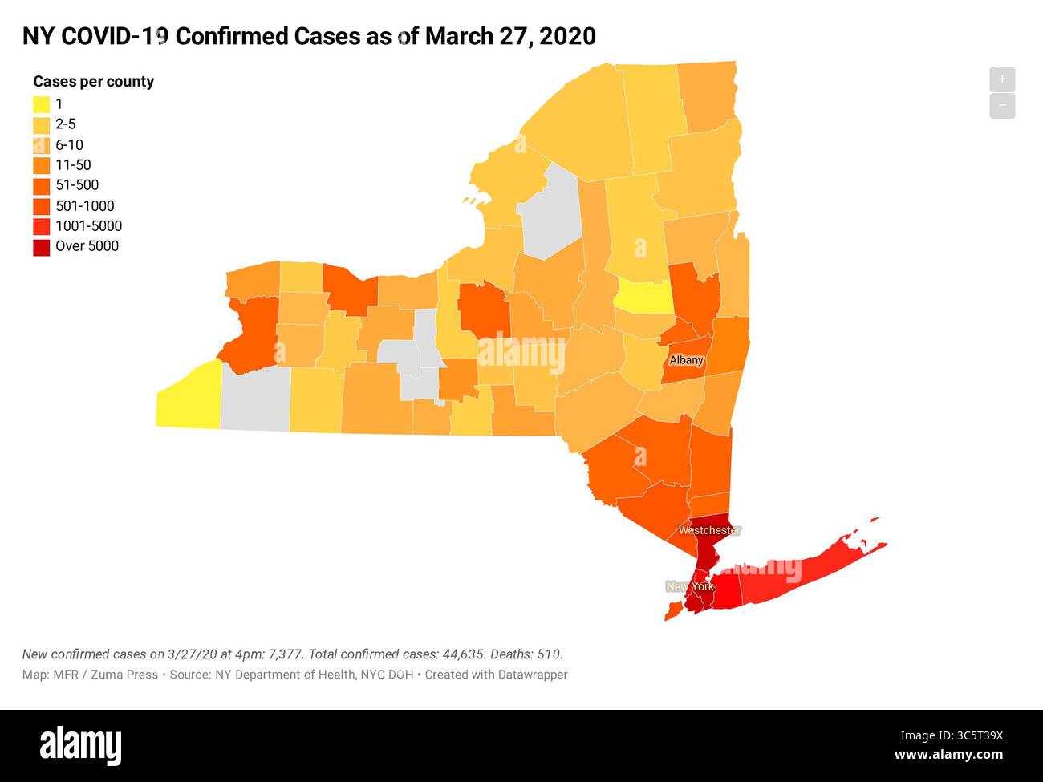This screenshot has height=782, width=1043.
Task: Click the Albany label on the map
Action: pos(686,360)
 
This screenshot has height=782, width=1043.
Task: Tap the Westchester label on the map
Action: pos(709,530)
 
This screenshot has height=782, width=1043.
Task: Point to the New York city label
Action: pos(690,586)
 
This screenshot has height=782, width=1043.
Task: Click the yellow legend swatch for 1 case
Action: pos(42,104)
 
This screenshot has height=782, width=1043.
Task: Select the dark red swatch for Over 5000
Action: pos(42,247)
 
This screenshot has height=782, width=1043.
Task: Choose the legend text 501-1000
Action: pos(84,206)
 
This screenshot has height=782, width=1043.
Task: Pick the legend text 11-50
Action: pos(73,165)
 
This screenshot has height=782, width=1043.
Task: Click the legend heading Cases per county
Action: pos(93,81)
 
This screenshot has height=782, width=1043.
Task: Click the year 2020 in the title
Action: pos(567,36)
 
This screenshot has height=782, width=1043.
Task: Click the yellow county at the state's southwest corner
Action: pos(189,397)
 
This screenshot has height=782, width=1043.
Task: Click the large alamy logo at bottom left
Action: pos(81,745)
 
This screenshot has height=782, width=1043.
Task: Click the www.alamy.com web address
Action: pos(948,755)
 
